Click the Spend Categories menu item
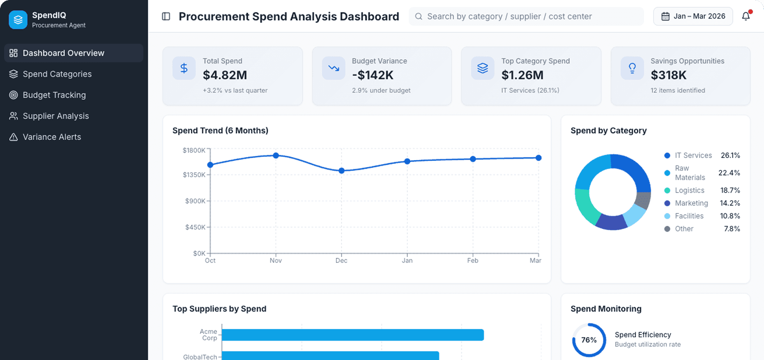point(57,74)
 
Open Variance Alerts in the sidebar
point(52,137)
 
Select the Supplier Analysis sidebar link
point(55,116)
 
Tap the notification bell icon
point(746,16)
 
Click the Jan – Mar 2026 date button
point(693,16)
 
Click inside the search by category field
point(526,16)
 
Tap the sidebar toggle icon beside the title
point(166,16)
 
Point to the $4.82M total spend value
point(225,75)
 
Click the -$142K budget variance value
point(373,75)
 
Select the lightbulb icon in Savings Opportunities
point(632,68)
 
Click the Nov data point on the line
point(276,155)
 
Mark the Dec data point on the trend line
point(341,171)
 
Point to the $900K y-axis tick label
point(195,201)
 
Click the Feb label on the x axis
point(472,261)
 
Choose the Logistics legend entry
point(689,190)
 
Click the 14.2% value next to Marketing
point(729,203)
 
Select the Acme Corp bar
point(352,335)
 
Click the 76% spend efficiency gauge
point(589,340)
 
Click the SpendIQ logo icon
point(18,20)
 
